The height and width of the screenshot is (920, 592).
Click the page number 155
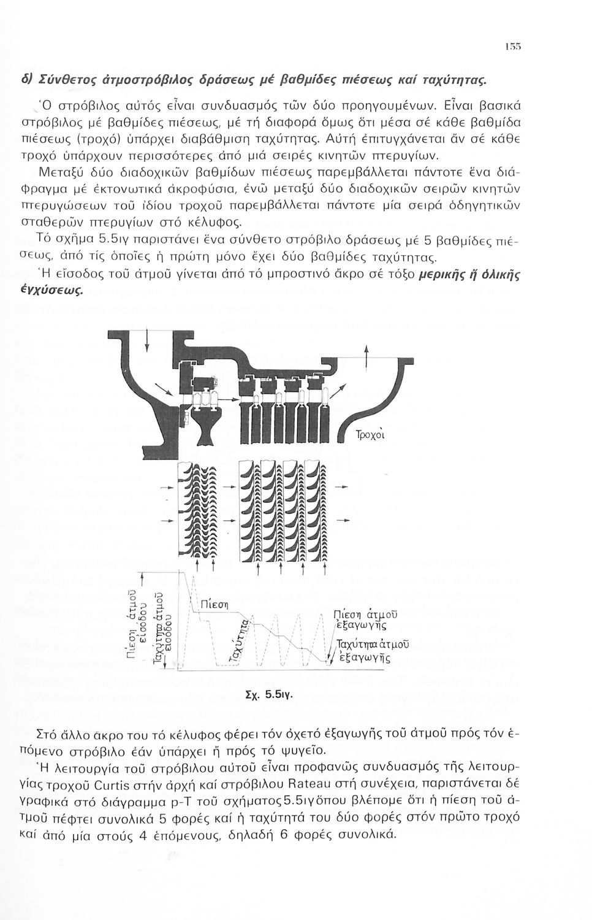pos(514,47)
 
